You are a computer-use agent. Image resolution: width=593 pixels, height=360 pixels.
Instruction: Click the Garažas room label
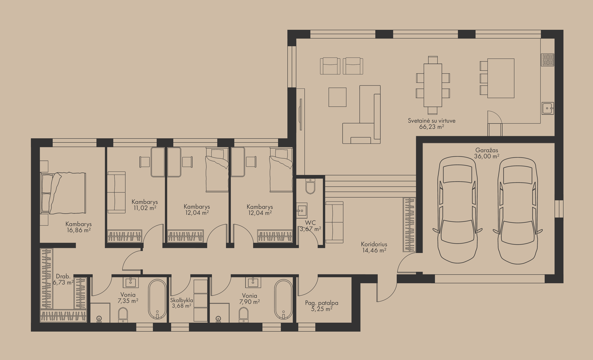(x=487, y=150)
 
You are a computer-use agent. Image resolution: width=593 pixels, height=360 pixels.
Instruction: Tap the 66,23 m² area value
(x=431, y=127)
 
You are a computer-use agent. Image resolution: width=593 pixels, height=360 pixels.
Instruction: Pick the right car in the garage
(x=518, y=211)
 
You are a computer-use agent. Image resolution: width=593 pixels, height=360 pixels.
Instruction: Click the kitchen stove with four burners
(x=548, y=60)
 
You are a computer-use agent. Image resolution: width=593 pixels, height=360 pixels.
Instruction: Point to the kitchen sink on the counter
(x=548, y=108)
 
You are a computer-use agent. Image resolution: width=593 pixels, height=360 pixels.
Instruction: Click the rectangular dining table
(x=433, y=85)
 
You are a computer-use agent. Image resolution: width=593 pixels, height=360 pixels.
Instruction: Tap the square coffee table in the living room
(x=338, y=97)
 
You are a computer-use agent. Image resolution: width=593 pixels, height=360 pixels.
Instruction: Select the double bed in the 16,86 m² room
(x=63, y=193)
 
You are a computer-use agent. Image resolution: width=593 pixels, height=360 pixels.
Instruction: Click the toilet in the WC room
(x=310, y=186)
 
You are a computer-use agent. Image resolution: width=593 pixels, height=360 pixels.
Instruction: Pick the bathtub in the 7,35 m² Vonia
(x=157, y=299)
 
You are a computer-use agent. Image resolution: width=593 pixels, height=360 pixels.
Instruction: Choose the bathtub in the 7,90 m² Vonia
(x=283, y=300)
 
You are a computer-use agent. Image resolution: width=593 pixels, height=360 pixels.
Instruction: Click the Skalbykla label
(x=182, y=300)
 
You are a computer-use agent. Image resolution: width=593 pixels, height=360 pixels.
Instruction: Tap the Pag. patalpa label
(x=321, y=303)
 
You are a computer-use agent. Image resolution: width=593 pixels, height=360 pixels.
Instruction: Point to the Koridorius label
(x=374, y=244)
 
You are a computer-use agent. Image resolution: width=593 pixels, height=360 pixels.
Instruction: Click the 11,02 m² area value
(x=145, y=208)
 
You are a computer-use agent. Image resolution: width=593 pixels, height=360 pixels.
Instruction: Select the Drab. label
(x=63, y=277)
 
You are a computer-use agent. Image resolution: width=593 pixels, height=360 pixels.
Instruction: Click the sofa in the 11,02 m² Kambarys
(x=116, y=192)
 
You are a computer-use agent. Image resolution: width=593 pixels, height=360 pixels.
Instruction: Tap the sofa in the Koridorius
(x=334, y=222)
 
